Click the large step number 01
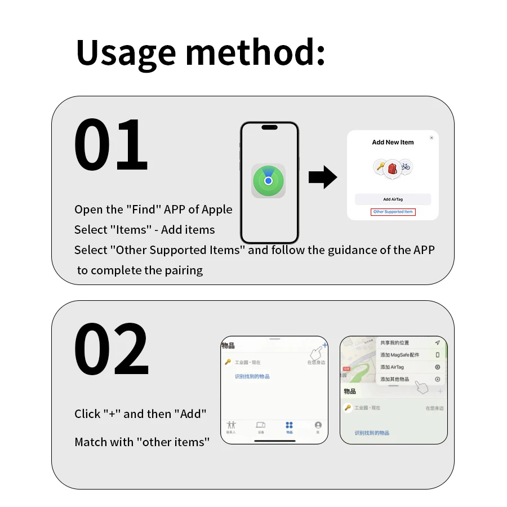click(111, 145)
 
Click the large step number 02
click(111, 350)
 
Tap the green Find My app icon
click(268, 181)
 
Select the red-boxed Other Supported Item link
click(393, 212)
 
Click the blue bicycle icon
click(406, 166)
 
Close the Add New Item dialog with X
click(432, 137)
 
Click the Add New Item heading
click(393, 143)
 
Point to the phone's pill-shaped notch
click(269, 127)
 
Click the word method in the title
click(255, 53)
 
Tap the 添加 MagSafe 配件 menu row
click(400, 355)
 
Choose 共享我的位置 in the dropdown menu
click(395, 343)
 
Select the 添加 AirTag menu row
click(392, 367)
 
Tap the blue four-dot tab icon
click(289, 425)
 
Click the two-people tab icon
click(231, 425)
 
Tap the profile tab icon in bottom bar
click(318, 425)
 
